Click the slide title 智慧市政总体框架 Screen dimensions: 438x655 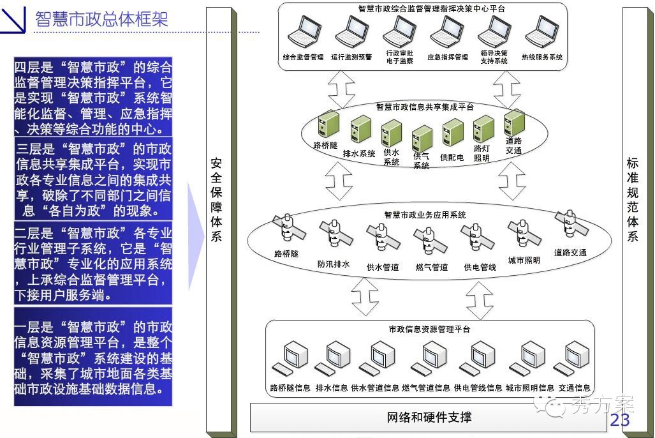(x=101, y=19)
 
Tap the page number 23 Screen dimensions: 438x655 (x=619, y=419)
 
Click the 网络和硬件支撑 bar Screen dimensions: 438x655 (x=429, y=418)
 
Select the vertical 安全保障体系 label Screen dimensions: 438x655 (x=217, y=200)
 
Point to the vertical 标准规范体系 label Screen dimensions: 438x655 (x=633, y=200)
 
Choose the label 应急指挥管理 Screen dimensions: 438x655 (x=447, y=57)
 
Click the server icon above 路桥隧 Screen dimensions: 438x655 (x=328, y=125)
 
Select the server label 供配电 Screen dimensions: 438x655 (x=452, y=157)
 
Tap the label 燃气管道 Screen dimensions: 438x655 (x=431, y=268)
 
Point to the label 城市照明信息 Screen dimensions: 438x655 (x=529, y=388)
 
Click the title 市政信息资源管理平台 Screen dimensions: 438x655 (x=429, y=329)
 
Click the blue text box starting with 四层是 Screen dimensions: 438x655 (x=93, y=98)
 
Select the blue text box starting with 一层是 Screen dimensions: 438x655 (x=93, y=357)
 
